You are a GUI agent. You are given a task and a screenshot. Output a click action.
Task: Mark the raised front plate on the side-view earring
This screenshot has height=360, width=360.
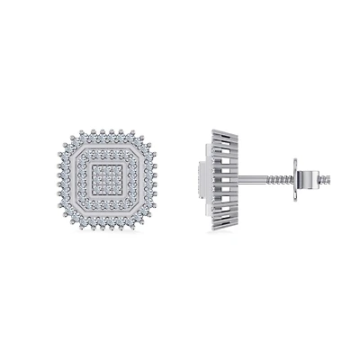click(x=200, y=179)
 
